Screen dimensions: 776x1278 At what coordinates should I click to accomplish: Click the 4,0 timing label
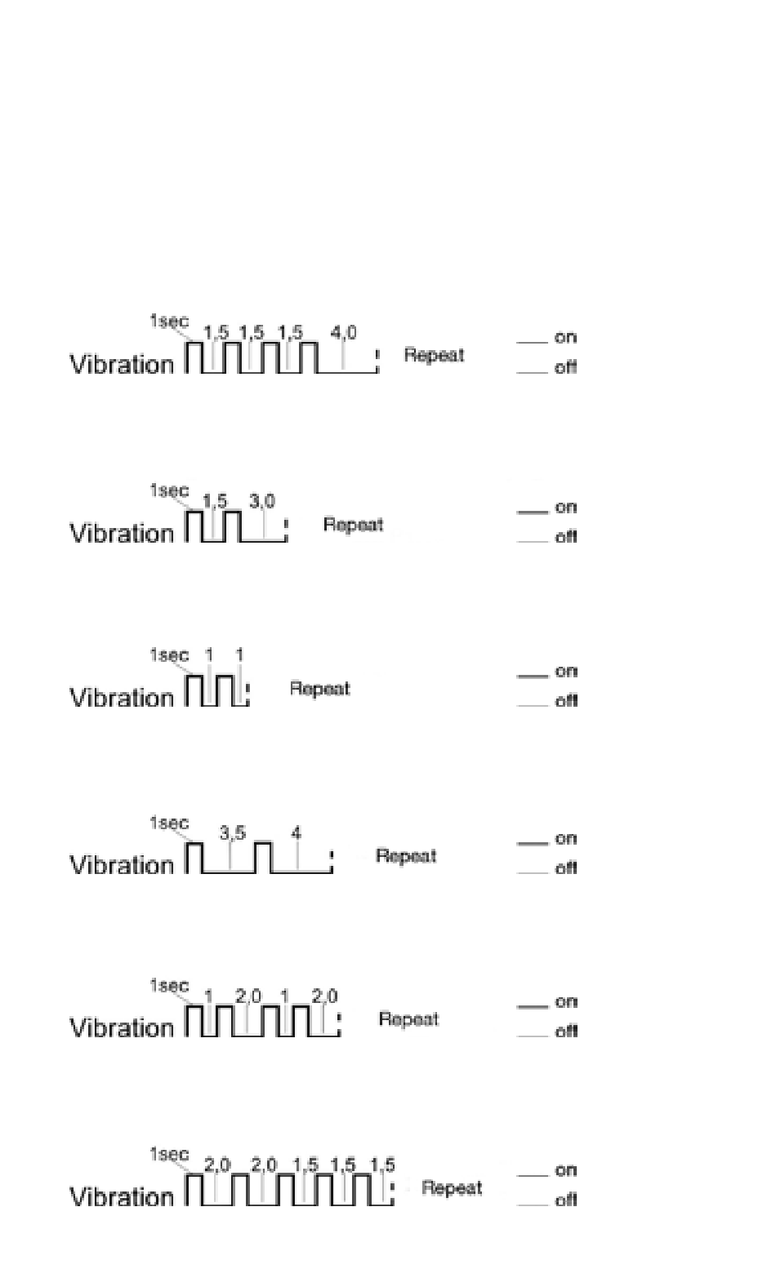click(x=343, y=333)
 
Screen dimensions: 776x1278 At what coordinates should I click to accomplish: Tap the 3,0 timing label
click(x=262, y=501)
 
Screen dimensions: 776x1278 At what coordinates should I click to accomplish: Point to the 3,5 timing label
click(x=232, y=833)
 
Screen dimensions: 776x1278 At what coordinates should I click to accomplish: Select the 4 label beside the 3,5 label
click(x=297, y=833)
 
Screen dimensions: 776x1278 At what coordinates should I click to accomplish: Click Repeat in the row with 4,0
click(x=434, y=355)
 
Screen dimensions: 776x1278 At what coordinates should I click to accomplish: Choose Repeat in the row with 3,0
click(x=353, y=524)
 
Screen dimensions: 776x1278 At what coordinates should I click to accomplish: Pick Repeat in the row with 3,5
click(x=405, y=856)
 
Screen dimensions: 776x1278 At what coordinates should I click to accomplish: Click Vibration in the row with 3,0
click(x=122, y=533)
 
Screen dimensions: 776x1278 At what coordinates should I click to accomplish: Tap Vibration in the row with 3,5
click(x=122, y=864)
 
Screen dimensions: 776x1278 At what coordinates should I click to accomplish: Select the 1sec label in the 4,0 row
click(x=168, y=322)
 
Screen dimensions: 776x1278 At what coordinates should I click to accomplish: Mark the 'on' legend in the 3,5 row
click(x=566, y=838)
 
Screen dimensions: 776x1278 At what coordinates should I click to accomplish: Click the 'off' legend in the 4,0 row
click(x=566, y=367)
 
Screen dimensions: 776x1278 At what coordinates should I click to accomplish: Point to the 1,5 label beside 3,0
click(x=215, y=503)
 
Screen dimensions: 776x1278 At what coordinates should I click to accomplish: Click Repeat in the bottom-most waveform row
click(x=452, y=1188)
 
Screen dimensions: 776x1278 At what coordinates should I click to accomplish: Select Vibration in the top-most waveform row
click(x=122, y=364)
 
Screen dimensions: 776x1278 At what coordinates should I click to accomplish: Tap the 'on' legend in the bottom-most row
click(x=566, y=1169)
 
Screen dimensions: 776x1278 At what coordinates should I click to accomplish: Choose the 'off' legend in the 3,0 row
click(x=566, y=536)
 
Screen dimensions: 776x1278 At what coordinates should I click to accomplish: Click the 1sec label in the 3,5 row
click(x=168, y=823)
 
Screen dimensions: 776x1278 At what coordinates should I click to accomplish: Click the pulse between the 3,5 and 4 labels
click(x=262, y=856)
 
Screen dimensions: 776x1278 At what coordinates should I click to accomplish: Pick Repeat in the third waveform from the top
click(x=319, y=689)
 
